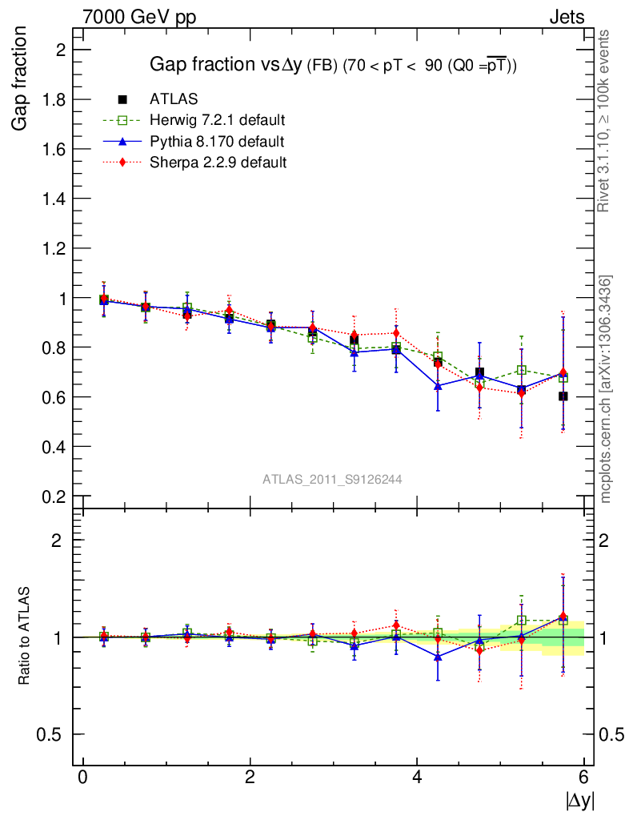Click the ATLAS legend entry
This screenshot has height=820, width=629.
pyautogui.click(x=174, y=99)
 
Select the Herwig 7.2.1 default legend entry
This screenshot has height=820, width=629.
pyautogui.click(x=218, y=121)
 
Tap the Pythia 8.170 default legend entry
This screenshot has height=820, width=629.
pyautogui.click(x=217, y=142)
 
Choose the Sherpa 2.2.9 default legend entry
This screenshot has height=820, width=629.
pyautogui.click(x=218, y=163)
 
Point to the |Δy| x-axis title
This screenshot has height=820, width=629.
pyautogui.click(x=580, y=799)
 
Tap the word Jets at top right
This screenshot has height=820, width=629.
pyautogui.click(x=567, y=17)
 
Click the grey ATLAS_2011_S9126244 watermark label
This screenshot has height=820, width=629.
pyautogui.click(x=332, y=480)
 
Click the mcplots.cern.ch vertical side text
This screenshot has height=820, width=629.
pyautogui.click(x=605, y=389)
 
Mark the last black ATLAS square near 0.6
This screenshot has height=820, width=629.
pyautogui.click(x=563, y=396)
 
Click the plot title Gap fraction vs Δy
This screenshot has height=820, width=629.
pyautogui.click(x=334, y=66)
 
